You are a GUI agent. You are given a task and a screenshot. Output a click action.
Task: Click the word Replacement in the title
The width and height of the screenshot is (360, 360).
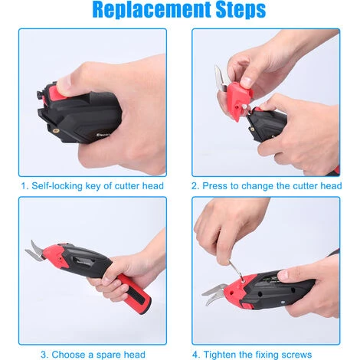[152, 10]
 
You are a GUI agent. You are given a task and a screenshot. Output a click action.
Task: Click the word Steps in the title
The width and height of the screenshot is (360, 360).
[241, 10]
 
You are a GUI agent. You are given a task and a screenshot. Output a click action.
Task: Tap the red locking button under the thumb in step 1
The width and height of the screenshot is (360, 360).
[58, 92]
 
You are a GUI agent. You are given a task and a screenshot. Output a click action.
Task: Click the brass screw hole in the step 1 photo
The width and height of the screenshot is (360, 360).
[55, 131]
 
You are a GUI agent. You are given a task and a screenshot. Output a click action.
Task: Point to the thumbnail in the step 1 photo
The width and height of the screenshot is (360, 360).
[63, 83]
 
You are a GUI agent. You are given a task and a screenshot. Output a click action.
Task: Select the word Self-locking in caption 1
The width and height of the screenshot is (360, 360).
[57, 186]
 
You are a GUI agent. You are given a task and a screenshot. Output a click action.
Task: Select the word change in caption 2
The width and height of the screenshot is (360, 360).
[257, 186]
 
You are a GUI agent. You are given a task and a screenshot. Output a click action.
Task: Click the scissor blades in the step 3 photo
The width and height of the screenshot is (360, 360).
[35, 251]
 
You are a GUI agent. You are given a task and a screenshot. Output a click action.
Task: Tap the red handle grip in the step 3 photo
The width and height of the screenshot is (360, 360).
[135, 292]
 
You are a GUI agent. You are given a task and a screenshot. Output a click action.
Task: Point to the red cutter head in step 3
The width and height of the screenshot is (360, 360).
[56, 256]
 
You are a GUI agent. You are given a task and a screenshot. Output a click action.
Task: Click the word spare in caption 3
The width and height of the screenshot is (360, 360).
[103, 355]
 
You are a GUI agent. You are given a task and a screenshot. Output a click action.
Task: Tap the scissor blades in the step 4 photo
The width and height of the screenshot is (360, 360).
[214, 294]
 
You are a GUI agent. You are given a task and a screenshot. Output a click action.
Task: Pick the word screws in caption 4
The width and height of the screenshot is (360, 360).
[296, 355]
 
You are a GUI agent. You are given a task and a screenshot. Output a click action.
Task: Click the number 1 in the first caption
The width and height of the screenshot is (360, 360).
[24, 186]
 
